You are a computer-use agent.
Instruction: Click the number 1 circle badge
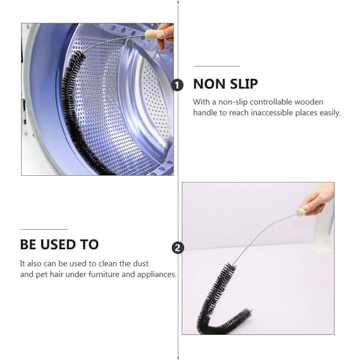(177, 85)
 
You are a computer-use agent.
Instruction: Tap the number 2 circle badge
(178, 248)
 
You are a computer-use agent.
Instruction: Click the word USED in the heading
(58, 245)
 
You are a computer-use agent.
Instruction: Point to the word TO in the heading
(89, 245)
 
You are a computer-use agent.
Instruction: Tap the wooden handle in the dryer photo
(152, 35)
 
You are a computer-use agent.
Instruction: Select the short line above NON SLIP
(217, 66)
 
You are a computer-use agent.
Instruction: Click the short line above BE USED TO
(44, 229)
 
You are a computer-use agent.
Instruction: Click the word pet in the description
(41, 275)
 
